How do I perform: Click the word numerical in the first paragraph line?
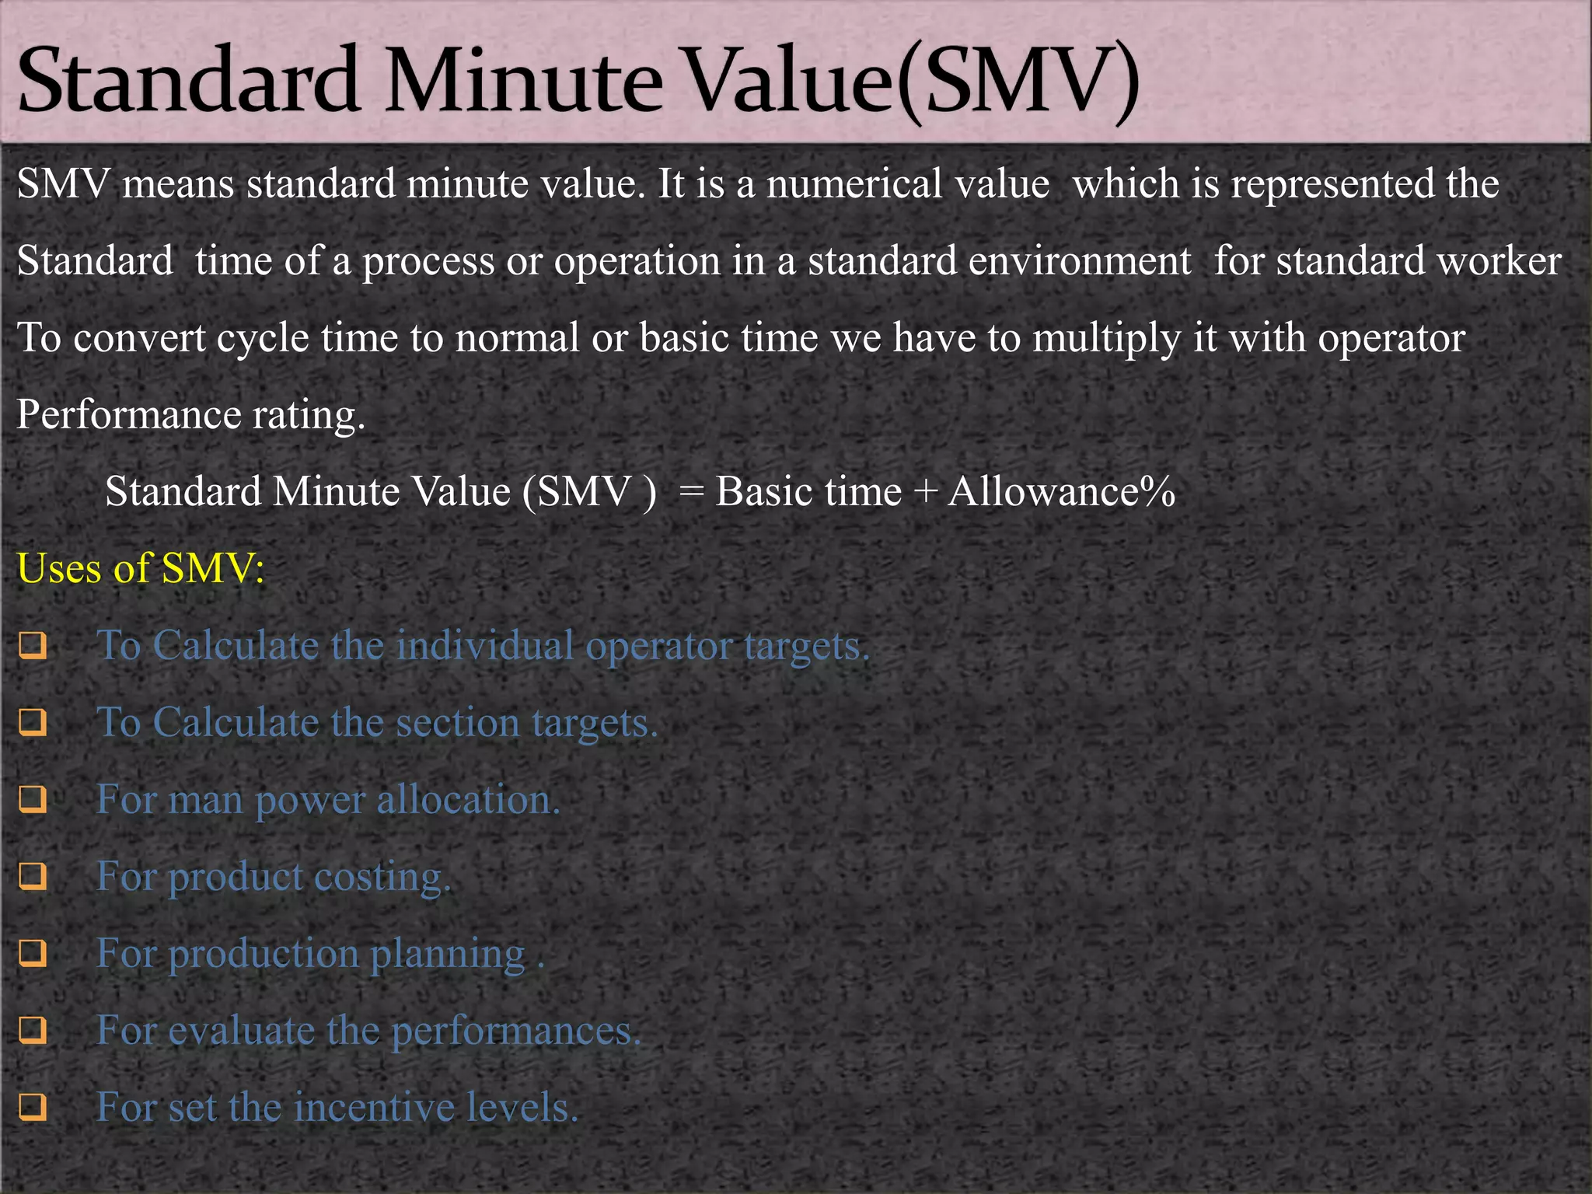coord(907,184)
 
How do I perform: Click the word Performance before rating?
coord(128,415)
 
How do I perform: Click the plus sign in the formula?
coord(924,492)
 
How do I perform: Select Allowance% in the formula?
coord(1061,492)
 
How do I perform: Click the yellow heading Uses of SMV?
coord(141,568)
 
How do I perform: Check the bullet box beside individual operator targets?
coord(33,646)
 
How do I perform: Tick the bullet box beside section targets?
coord(33,723)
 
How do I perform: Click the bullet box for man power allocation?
coord(33,800)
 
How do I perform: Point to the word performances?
coord(516,1032)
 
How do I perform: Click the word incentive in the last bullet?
coord(375,1107)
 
